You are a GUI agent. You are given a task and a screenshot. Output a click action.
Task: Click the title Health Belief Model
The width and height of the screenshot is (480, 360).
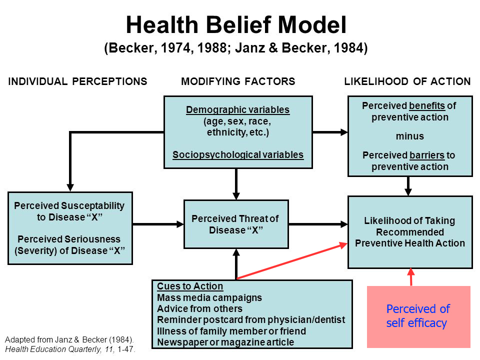point(236,24)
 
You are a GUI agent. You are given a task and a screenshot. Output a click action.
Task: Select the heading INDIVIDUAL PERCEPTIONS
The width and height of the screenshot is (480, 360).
point(78,81)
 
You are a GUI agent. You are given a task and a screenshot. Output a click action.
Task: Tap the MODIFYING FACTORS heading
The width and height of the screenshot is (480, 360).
point(238,81)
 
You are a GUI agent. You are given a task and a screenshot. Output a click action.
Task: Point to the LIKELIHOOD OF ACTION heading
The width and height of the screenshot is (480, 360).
point(407,81)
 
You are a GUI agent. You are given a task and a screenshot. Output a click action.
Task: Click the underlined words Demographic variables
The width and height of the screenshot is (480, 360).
point(238,109)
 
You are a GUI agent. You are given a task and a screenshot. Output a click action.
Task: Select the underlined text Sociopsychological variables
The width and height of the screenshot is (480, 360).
point(238,154)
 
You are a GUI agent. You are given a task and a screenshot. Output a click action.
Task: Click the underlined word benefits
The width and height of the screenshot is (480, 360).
point(426,105)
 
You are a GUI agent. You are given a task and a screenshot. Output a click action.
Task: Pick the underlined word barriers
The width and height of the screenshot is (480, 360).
point(426,155)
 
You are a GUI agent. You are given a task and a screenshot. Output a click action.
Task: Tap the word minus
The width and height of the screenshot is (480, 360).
point(410,136)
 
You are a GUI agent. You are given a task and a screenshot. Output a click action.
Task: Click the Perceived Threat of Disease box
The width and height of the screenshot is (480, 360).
point(236,224)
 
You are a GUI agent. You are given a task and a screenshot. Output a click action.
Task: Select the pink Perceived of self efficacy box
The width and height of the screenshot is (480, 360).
point(418,316)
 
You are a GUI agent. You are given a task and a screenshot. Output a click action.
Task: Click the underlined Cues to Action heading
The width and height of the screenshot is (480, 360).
point(190,286)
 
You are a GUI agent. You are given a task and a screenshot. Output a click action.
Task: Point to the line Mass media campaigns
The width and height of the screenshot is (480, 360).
point(209,297)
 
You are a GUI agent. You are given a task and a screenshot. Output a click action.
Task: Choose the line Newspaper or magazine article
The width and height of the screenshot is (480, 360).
point(225,342)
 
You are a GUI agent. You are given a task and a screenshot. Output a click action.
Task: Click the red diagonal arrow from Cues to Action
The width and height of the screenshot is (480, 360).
point(292,261)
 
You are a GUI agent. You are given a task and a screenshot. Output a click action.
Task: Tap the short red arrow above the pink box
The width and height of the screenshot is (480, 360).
point(411,277)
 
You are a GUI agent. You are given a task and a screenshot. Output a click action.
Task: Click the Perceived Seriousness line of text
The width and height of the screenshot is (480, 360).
point(69,239)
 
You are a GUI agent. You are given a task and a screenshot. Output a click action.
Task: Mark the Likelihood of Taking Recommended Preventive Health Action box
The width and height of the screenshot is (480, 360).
point(410,232)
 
